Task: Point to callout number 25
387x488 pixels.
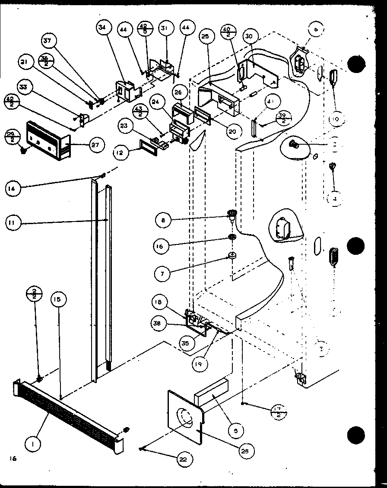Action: click(x=205, y=37)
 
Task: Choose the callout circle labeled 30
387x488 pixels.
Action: click(x=249, y=37)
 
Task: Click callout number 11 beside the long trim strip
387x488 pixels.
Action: click(x=13, y=223)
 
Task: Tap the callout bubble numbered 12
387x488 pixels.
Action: click(x=122, y=152)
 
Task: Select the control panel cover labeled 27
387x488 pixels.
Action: click(x=45, y=139)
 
